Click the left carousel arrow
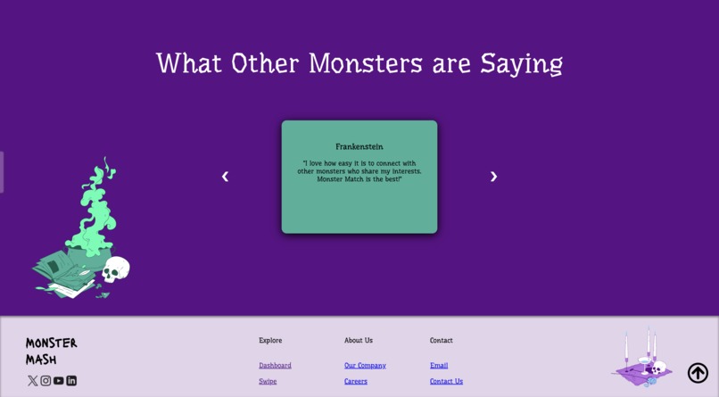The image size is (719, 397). [x=225, y=177]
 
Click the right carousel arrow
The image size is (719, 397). [x=493, y=177]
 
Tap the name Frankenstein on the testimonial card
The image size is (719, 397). [x=359, y=146]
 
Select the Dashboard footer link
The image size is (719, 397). [x=275, y=365]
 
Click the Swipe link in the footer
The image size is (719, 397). [x=268, y=381]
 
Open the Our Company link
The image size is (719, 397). [x=365, y=365]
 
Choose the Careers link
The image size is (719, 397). [x=355, y=381]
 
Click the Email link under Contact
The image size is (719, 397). [x=439, y=365]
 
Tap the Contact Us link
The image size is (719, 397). [x=446, y=381]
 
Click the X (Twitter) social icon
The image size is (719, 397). [x=33, y=380]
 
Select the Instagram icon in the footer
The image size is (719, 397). [x=45, y=380]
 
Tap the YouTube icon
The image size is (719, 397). [x=58, y=380]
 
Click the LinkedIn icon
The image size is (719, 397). [x=71, y=380]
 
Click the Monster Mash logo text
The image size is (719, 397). [x=51, y=351]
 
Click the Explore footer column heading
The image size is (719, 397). [x=270, y=340]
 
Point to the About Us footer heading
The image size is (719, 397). [x=359, y=340]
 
